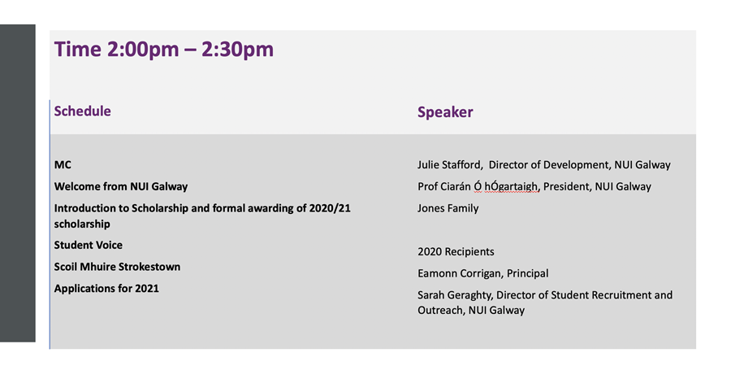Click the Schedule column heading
pyautogui.click(x=83, y=111)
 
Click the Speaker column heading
pyautogui.click(x=445, y=112)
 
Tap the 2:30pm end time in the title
pyautogui.click(x=237, y=50)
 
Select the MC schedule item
pyautogui.click(x=63, y=165)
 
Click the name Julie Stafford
pyautogui.click(x=449, y=165)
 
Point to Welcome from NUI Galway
pyautogui.click(x=121, y=187)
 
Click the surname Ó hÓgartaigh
pyautogui.click(x=506, y=187)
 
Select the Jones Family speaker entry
pyautogui.click(x=448, y=209)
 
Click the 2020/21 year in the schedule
pyautogui.click(x=330, y=208)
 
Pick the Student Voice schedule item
pyautogui.click(x=88, y=245)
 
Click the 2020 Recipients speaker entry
pyautogui.click(x=456, y=252)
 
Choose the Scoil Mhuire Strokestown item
pyautogui.click(x=117, y=267)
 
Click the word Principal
pyautogui.click(x=527, y=273)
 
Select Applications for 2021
pyautogui.click(x=106, y=289)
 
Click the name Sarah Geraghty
pyautogui.click(x=456, y=295)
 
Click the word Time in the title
pyautogui.click(x=77, y=50)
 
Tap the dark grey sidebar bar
pyautogui.click(x=18, y=183)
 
